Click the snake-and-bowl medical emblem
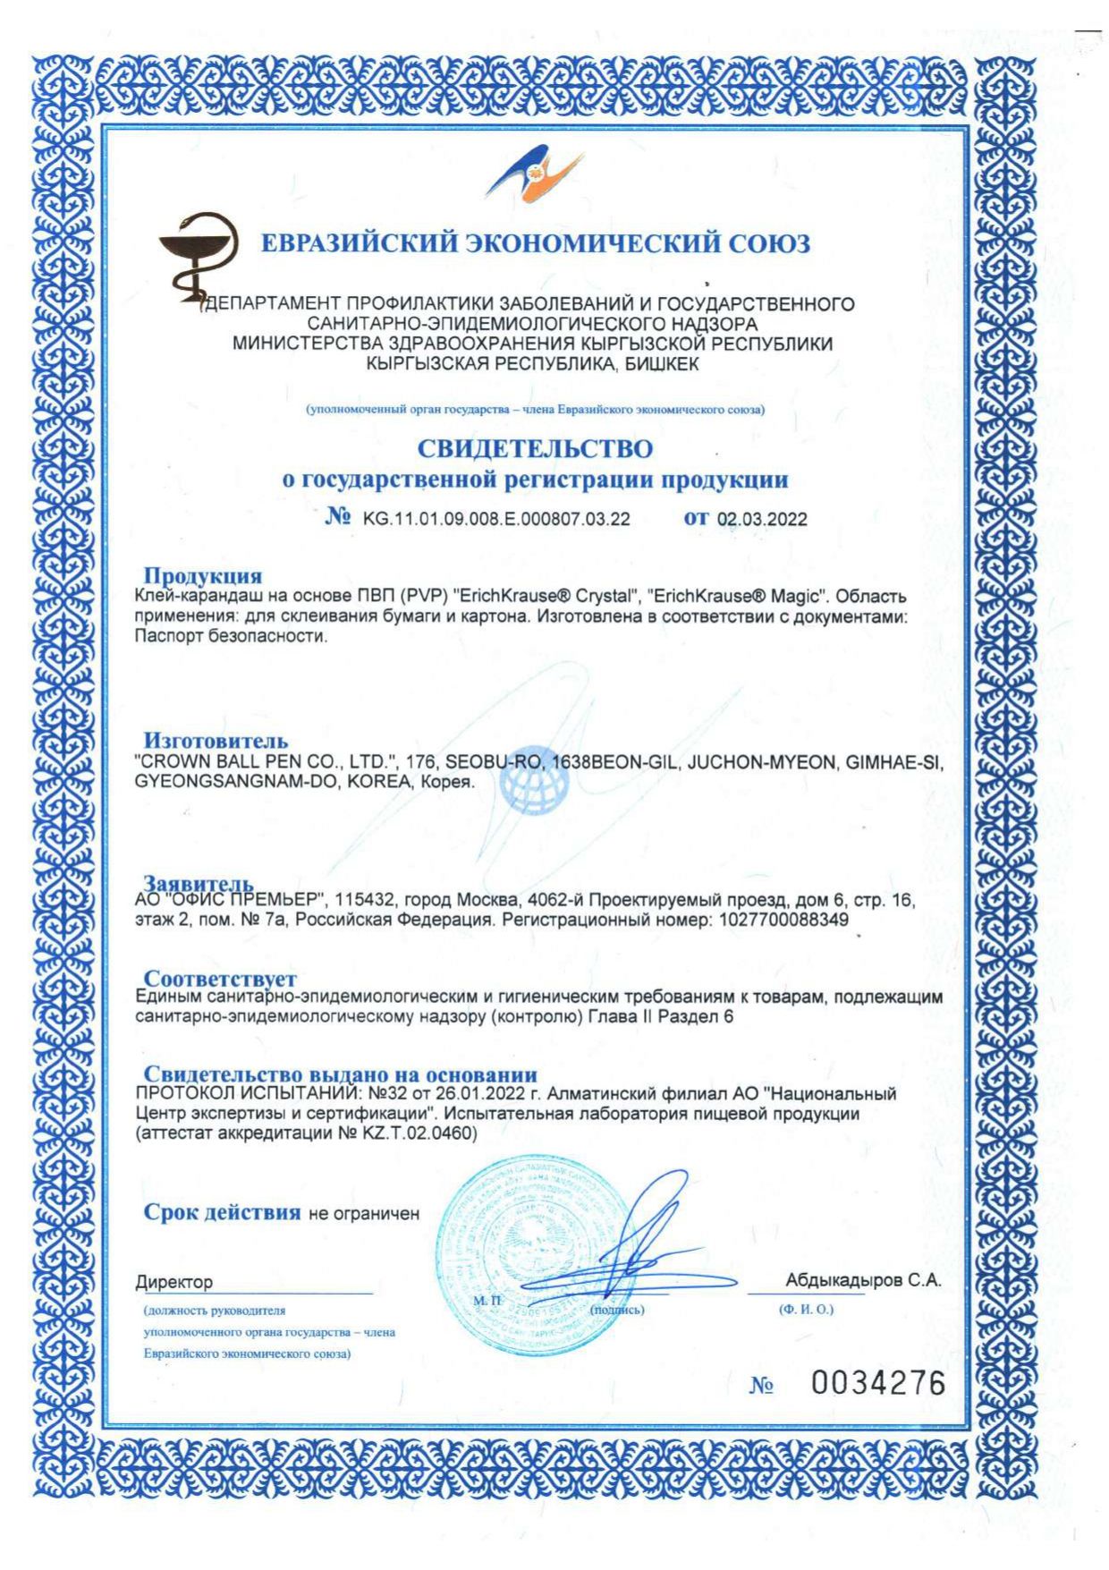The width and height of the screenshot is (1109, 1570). tap(196, 259)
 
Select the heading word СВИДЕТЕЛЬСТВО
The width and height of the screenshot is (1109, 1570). tap(535, 448)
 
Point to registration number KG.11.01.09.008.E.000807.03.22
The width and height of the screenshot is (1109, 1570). tap(496, 520)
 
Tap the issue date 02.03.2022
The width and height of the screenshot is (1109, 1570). tap(762, 520)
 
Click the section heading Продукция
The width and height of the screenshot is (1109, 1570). tap(203, 575)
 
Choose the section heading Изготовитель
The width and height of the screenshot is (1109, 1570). tap(216, 741)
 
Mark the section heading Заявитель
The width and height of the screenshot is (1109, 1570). tap(199, 885)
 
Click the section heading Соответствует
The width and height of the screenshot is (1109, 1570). tap(220, 979)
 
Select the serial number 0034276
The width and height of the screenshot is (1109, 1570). tap(877, 1384)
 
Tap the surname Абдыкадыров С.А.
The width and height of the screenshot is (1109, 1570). tap(863, 1280)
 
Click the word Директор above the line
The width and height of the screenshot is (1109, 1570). tap(174, 1282)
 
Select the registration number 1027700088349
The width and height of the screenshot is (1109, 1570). tap(783, 920)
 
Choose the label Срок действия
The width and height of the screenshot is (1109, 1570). tap(222, 1212)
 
